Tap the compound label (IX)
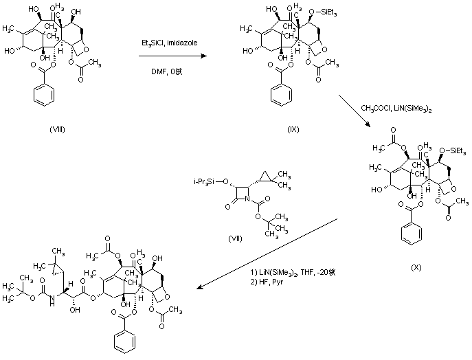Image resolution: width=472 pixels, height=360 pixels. [x=292, y=128]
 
